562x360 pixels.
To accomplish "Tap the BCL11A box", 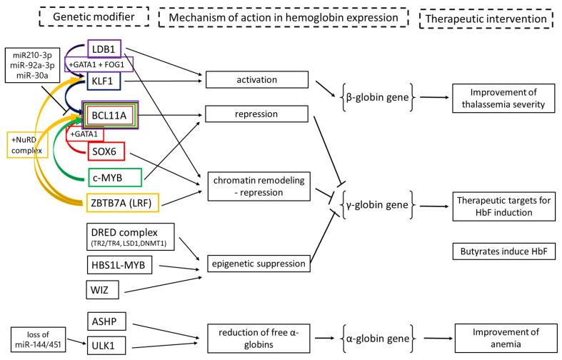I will tap(110, 114).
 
